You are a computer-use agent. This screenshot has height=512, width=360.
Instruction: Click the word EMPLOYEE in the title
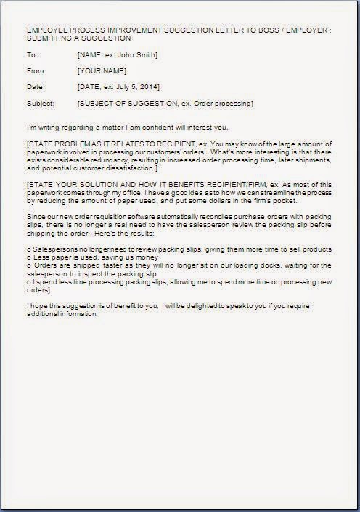pyautogui.click(x=46, y=30)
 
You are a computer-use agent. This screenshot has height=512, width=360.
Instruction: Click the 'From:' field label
pyautogui.click(x=36, y=71)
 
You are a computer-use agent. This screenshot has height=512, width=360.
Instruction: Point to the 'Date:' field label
pyautogui.click(x=35, y=87)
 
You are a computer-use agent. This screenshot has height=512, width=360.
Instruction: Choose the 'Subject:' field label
pyautogui.click(x=40, y=104)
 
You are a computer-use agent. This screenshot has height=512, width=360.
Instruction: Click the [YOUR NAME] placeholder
pyautogui.click(x=101, y=71)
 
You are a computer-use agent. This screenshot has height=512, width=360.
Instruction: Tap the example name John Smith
pyautogui.click(x=139, y=56)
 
